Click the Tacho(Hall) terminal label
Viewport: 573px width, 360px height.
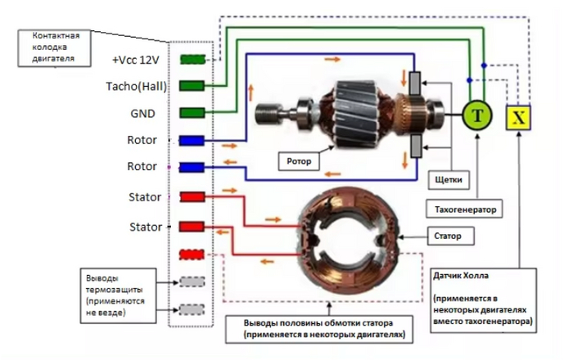click(x=134, y=85)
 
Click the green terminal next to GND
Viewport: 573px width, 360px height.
click(x=191, y=112)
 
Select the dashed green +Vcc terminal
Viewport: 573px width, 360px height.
click(x=191, y=60)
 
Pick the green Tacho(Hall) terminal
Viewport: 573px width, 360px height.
click(x=191, y=85)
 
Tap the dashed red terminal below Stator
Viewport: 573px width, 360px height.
click(x=191, y=254)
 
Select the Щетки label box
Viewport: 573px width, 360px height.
click(x=445, y=178)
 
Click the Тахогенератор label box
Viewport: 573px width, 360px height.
click(x=463, y=209)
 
